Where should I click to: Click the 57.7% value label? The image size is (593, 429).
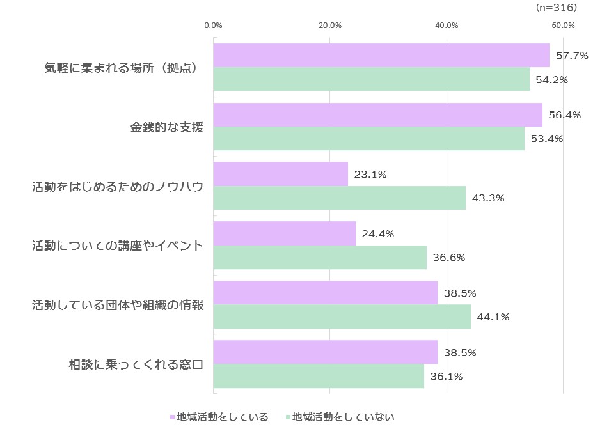pyautogui.click(x=572, y=56)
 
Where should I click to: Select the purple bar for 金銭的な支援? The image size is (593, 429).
pyautogui.click(x=377, y=115)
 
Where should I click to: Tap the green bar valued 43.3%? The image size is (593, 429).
pyautogui.click(x=339, y=198)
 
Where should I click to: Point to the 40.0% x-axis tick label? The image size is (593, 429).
pyautogui.click(x=447, y=26)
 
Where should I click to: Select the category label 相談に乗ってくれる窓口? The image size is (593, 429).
pyautogui.click(x=136, y=365)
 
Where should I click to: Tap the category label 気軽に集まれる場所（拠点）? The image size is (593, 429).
pyautogui.click(x=120, y=67)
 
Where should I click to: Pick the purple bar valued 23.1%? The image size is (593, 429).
pyautogui.click(x=280, y=174)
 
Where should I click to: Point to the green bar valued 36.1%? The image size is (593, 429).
pyautogui.click(x=319, y=377)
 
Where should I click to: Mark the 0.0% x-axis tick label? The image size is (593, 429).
pyautogui.click(x=213, y=26)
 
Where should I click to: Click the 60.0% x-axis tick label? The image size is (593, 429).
pyautogui.click(x=563, y=26)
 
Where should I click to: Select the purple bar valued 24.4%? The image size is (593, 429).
pyautogui.click(x=284, y=233)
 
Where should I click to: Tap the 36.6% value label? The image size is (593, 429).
pyautogui.click(x=449, y=258)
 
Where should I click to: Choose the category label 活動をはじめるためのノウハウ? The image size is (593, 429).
pyautogui.click(x=118, y=187)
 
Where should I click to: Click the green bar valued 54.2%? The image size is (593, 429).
pyautogui.click(x=371, y=79)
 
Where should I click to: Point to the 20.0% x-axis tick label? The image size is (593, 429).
pyautogui.click(x=330, y=26)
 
